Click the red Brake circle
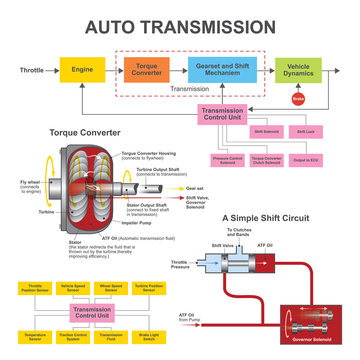pyautogui.click(x=297, y=99)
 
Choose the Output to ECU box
pyautogui.click(x=307, y=158)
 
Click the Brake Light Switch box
pyautogui.click(x=150, y=337)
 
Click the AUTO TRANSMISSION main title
pyautogui.click(x=180, y=24)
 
